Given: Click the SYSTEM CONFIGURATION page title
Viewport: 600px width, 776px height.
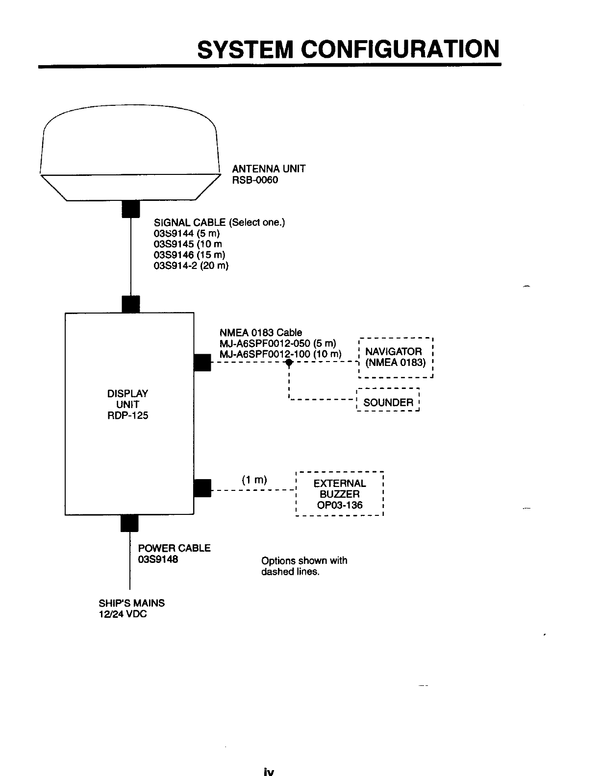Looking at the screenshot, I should pyautogui.click(x=348, y=48).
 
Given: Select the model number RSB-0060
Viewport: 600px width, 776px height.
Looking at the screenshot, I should pyautogui.click(x=255, y=180).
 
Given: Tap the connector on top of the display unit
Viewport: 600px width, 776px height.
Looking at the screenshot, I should pyautogui.click(x=130, y=304).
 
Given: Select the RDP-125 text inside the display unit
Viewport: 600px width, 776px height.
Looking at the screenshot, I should pyautogui.click(x=127, y=415).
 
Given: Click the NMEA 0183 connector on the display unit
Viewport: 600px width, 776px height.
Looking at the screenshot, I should pyautogui.click(x=202, y=363).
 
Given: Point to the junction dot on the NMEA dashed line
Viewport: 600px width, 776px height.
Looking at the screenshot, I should pyautogui.click(x=289, y=363).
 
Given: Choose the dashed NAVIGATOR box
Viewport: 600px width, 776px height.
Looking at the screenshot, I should pyautogui.click(x=396, y=358).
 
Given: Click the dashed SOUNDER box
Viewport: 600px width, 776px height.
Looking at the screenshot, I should pyautogui.click(x=388, y=402).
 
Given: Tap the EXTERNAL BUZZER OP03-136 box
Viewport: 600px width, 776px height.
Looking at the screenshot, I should pyautogui.click(x=339, y=494).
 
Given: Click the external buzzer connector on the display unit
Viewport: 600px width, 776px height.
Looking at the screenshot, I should pyautogui.click(x=202, y=488).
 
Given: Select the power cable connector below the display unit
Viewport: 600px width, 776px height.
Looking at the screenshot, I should pyautogui.click(x=129, y=523).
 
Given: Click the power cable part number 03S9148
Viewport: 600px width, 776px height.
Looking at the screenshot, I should pyautogui.click(x=158, y=558).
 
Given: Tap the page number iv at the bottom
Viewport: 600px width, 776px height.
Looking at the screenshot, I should pyautogui.click(x=268, y=772).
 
